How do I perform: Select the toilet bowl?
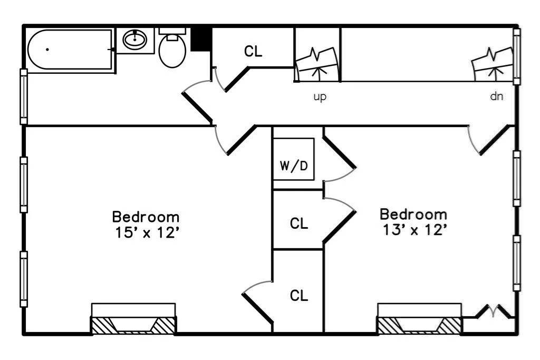click(x=172, y=52)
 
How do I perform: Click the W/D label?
click(x=294, y=167)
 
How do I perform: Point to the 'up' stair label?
click(x=320, y=97)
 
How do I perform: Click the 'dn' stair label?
click(x=496, y=97)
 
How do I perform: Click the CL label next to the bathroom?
click(x=253, y=52)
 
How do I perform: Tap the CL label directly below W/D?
click(x=299, y=223)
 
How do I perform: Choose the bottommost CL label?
click(x=299, y=296)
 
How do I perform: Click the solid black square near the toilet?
click(x=201, y=40)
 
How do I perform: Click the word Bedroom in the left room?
click(x=146, y=217)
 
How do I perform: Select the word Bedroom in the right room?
click(x=413, y=215)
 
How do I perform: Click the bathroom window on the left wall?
click(x=24, y=96)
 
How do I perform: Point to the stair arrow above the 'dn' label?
click(x=494, y=71)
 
